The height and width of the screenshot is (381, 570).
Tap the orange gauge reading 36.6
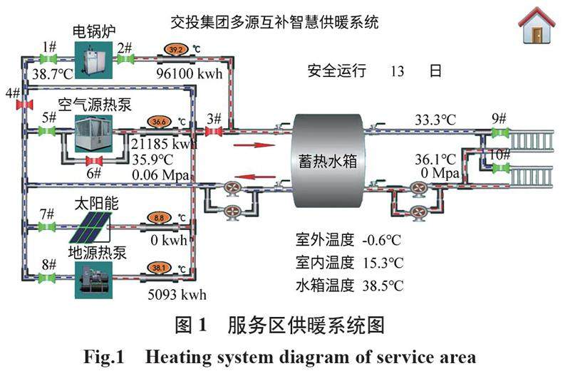click(x=160, y=121)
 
